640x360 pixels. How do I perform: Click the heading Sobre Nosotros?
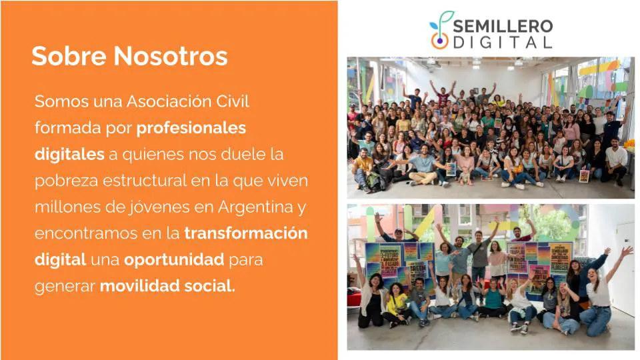pos(129,56)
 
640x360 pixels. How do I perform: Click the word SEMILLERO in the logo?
pos(503,26)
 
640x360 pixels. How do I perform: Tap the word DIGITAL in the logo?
pos(503,42)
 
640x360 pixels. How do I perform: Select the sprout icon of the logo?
pos(440,31)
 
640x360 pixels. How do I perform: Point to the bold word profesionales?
pos(191,127)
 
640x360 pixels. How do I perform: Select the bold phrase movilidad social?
pos(167,286)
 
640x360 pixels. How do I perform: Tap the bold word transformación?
pos(246,233)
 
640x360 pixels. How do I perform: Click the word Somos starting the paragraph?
pos(58,101)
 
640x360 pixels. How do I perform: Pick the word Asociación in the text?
pos(151,101)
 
